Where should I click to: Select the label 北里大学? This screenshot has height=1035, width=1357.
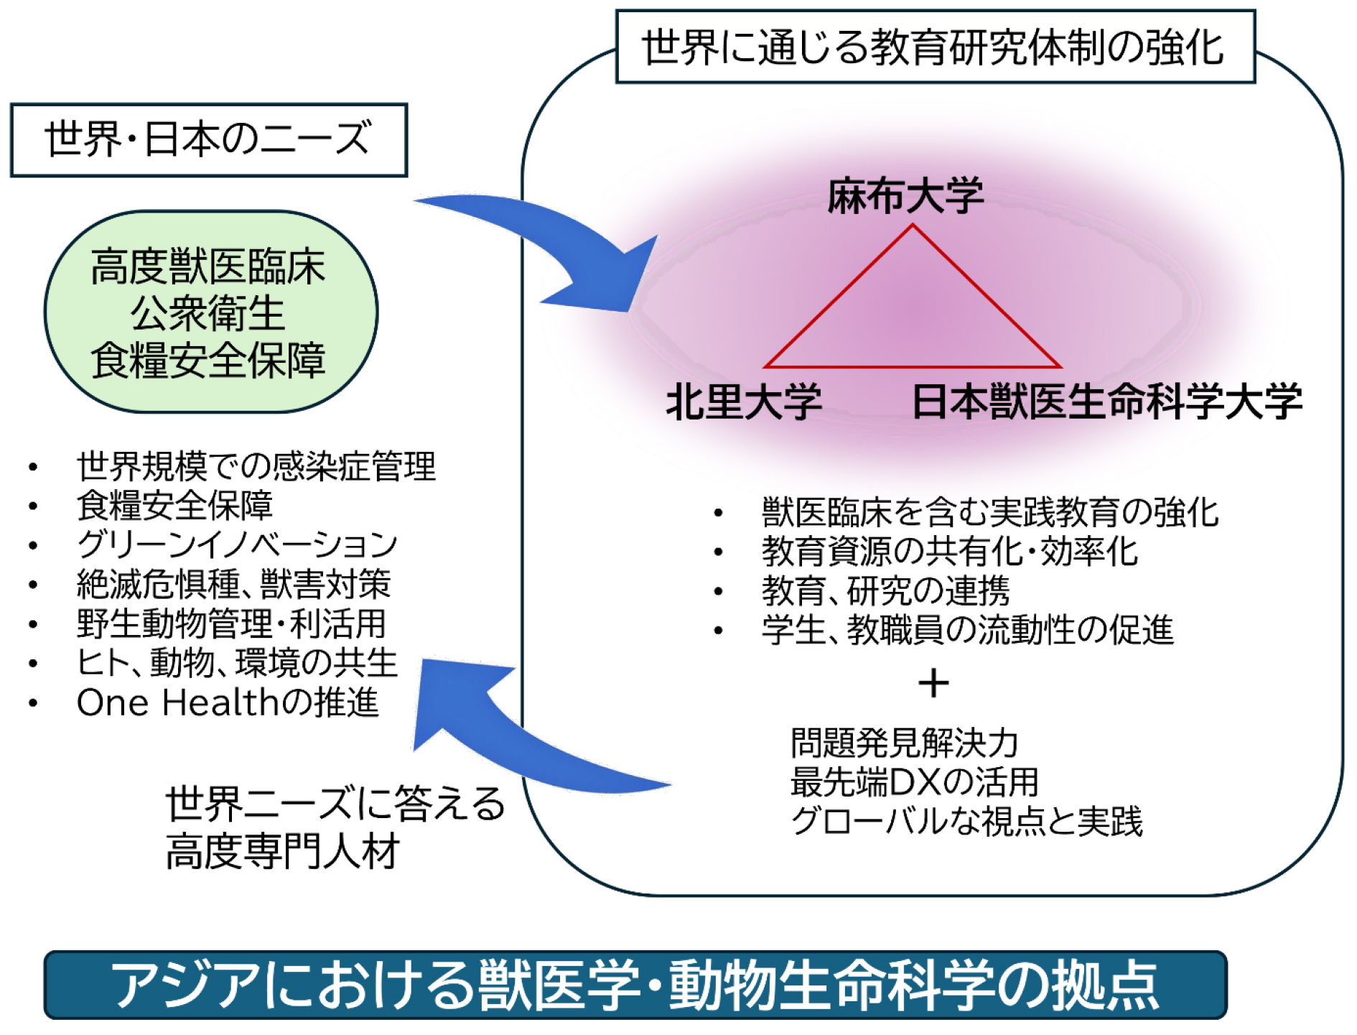(x=743, y=401)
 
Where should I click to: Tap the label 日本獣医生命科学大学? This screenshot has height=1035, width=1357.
(x=1106, y=401)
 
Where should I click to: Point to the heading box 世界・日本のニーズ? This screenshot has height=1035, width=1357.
(x=208, y=139)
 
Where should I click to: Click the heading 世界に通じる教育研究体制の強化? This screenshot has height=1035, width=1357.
(x=934, y=47)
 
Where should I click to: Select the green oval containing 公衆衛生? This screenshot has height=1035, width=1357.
(x=210, y=312)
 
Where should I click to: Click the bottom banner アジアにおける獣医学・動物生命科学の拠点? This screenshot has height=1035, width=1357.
(x=635, y=985)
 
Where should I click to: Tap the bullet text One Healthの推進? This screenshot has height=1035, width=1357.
(x=227, y=702)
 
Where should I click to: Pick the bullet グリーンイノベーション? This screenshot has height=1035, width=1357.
(x=237, y=544)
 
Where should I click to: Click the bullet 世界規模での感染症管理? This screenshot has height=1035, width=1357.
(x=256, y=466)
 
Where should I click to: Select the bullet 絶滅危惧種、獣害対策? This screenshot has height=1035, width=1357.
(x=234, y=583)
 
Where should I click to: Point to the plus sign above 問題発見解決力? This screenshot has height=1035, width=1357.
(x=933, y=683)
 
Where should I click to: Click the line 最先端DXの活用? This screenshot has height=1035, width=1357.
(x=914, y=782)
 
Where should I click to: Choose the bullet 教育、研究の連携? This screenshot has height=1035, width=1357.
(x=885, y=591)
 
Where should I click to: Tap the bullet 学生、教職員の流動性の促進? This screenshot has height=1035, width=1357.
(x=967, y=630)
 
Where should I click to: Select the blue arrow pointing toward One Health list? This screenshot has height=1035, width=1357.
(x=503, y=740)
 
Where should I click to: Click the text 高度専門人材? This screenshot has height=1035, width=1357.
(x=282, y=853)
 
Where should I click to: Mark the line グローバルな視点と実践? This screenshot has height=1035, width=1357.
(x=966, y=822)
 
